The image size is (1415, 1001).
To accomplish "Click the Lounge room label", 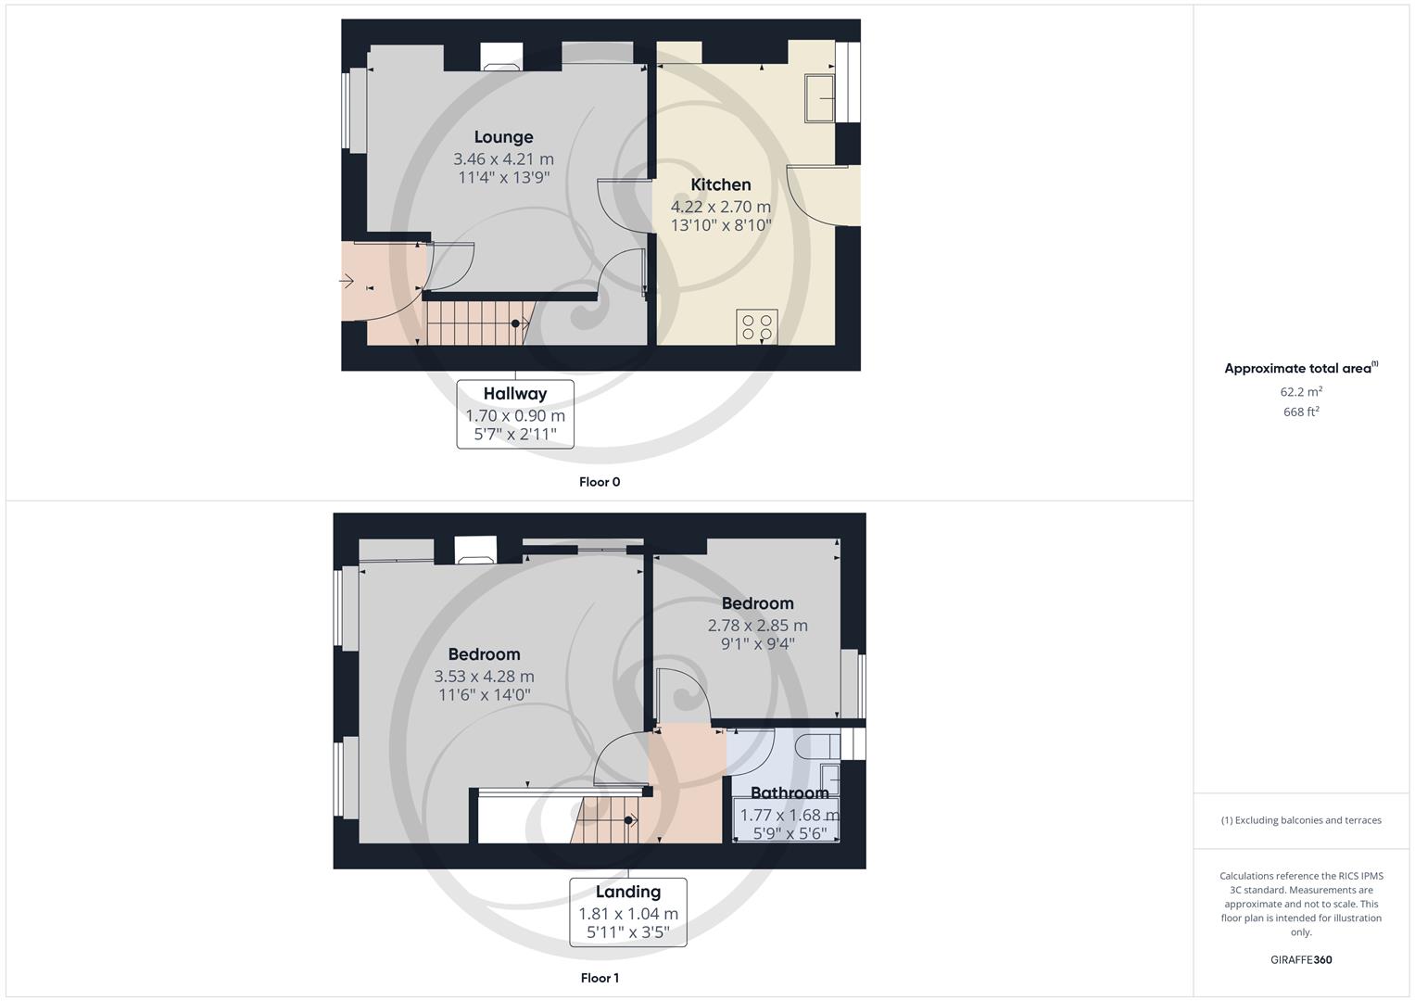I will point(503,137).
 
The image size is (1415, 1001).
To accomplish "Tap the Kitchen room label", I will point(720,184).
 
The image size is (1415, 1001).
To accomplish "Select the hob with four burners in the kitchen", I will point(756,326).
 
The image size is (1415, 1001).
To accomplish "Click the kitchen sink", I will point(820,97).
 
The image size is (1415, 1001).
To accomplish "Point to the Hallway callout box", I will point(515,414).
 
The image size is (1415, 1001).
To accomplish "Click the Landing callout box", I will point(628,912).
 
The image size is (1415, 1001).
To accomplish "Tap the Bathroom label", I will point(790,792).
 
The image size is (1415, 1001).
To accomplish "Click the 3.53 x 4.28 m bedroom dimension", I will point(484,677).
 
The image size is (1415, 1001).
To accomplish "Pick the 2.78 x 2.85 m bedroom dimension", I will point(757,626).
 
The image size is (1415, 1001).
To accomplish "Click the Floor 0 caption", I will point(600,482).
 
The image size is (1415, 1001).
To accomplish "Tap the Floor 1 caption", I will point(600,978).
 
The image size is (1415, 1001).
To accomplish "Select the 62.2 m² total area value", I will point(1301,392).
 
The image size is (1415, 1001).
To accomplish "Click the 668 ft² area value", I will point(1301,412).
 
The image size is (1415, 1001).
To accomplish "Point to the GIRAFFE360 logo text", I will point(1301,960).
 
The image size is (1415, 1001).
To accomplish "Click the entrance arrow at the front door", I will point(348,281).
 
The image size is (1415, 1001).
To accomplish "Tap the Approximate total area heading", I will point(1300,368).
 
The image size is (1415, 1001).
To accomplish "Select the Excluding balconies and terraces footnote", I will point(1301,820).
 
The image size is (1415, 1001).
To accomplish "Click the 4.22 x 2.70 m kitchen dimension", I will point(720,207).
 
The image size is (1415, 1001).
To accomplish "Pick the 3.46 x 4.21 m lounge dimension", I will point(503,159).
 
